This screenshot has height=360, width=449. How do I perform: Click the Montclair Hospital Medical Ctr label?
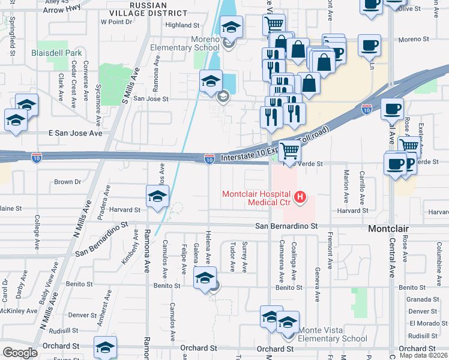(x=256, y=198)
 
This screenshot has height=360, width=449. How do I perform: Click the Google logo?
(x=20, y=353)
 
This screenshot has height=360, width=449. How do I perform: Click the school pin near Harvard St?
(x=157, y=197)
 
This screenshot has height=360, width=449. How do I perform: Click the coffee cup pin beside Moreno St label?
(x=369, y=45)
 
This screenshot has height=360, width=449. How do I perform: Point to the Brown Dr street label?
(x=67, y=182)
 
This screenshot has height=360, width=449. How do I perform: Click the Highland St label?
(x=182, y=26)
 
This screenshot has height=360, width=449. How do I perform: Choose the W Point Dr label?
(x=116, y=22)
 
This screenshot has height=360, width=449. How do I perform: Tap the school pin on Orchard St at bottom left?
(x=106, y=347)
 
